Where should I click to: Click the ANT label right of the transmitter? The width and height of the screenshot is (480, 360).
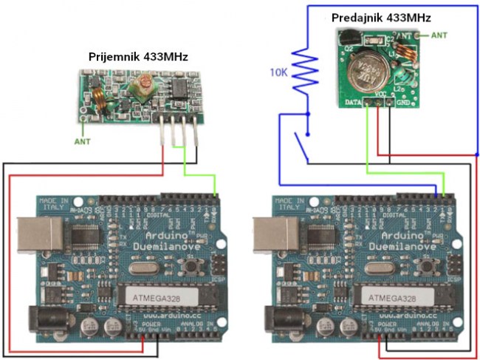(439, 35)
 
